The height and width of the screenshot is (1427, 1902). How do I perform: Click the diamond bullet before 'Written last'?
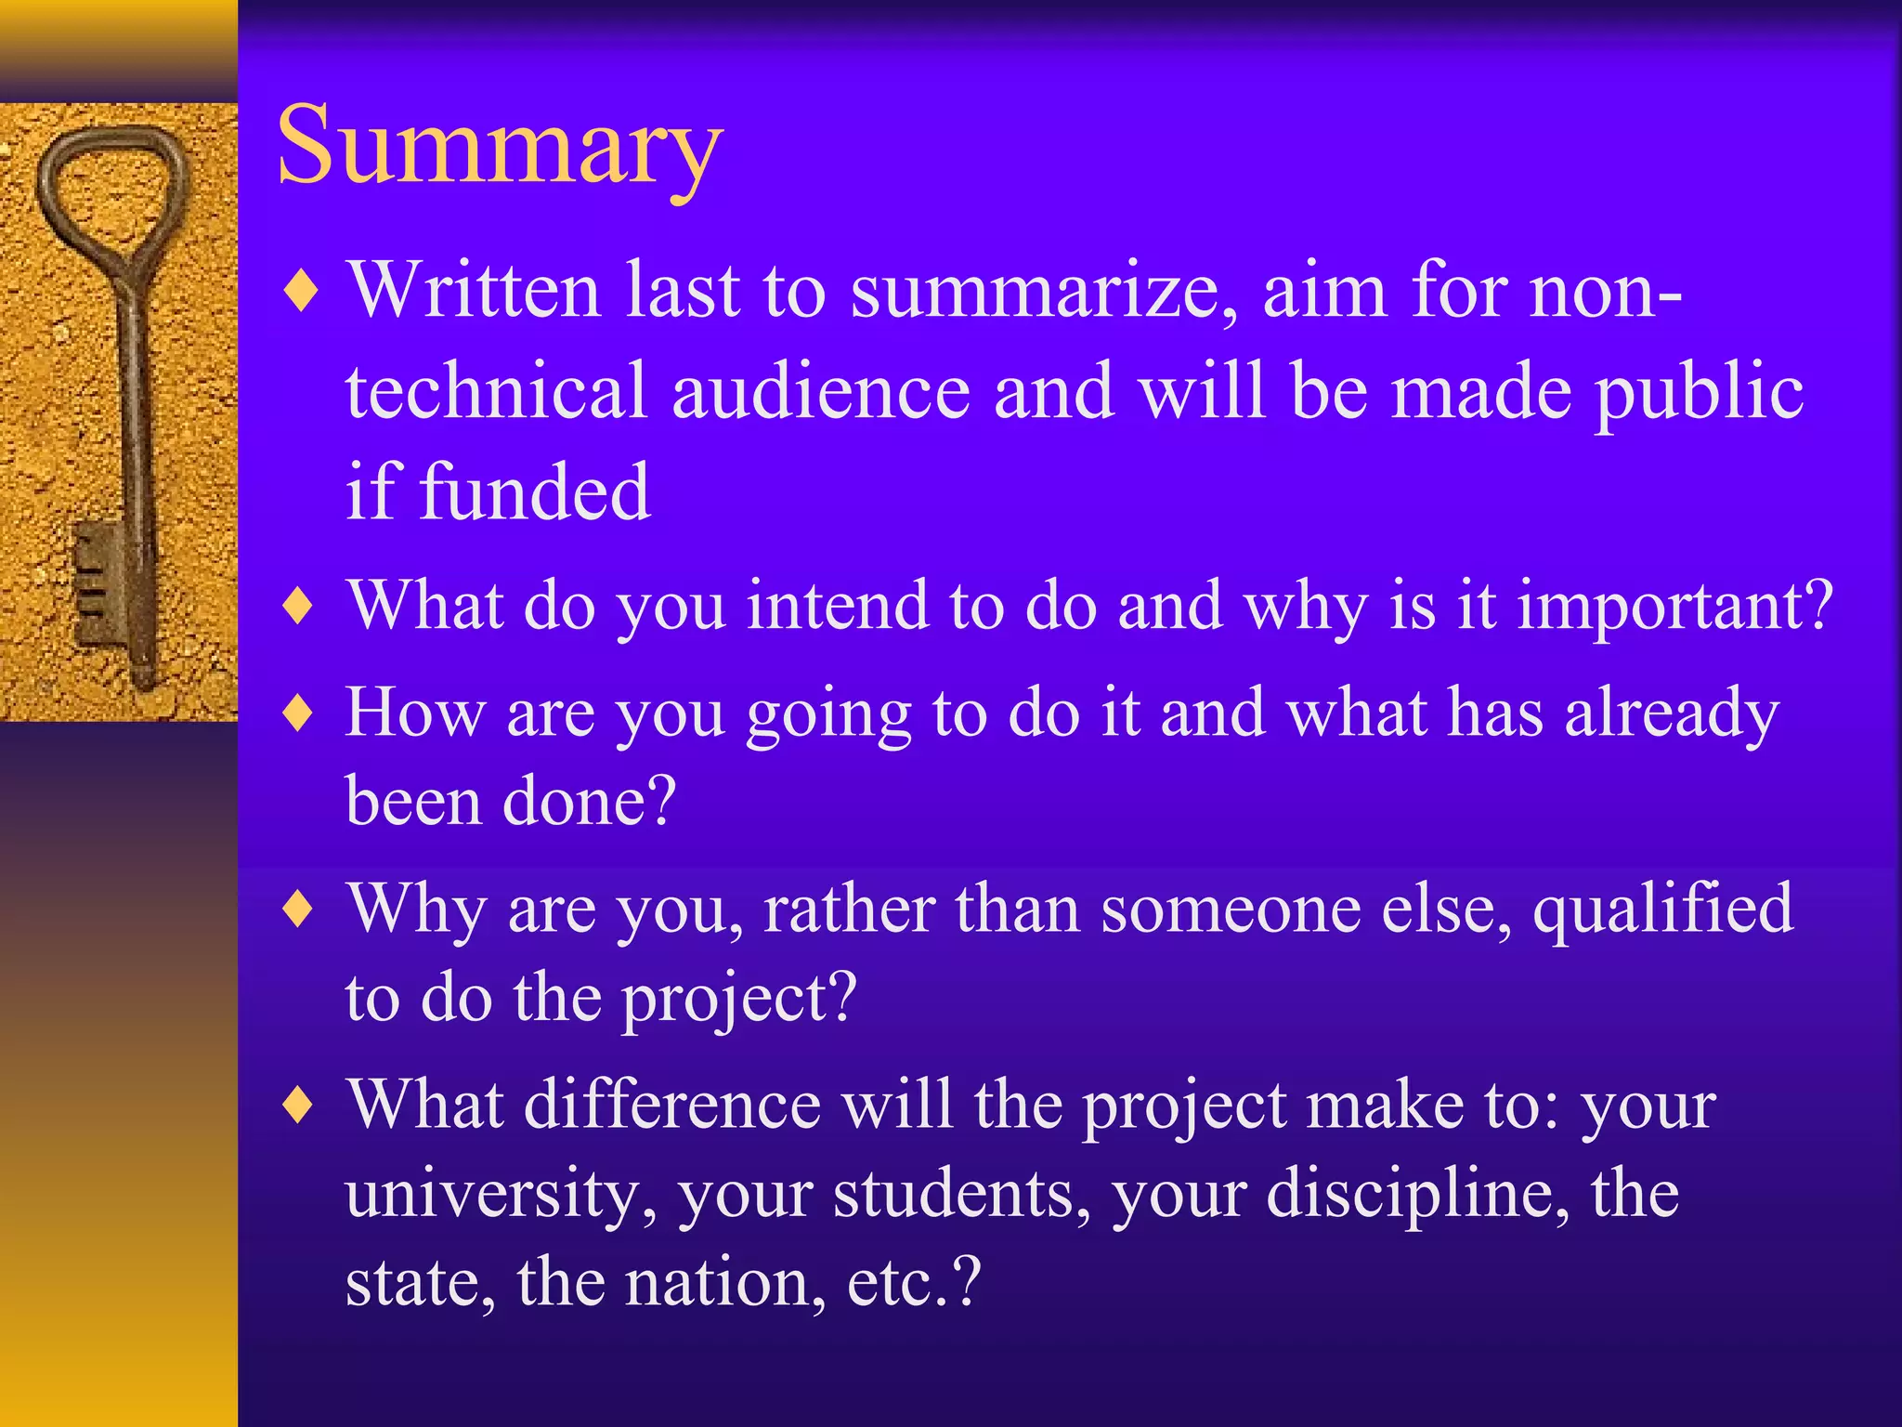pos(301,293)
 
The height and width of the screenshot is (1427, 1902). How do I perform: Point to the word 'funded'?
pos(535,492)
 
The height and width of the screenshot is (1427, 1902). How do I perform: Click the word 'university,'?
pos(502,1196)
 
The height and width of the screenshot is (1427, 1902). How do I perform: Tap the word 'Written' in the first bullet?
pos(474,291)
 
